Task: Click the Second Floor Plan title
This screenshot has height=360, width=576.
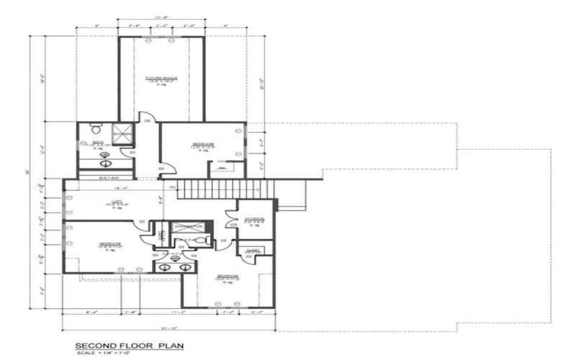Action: click(x=130, y=346)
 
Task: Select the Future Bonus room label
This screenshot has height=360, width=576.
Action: click(x=162, y=79)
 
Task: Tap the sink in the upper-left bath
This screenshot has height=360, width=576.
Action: click(x=105, y=154)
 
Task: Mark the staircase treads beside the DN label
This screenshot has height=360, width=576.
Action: click(x=226, y=189)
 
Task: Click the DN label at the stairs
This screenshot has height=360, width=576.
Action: click(x=173, y=187)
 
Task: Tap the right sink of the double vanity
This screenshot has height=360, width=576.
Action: click(x=186, y=267)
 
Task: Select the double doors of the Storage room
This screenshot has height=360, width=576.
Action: click(x=233, y=217)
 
